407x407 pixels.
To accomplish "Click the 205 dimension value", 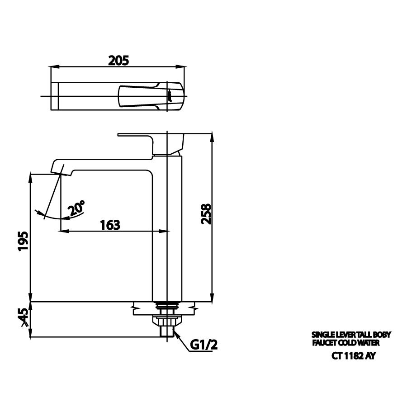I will pyautogui.click(x=118, y=60).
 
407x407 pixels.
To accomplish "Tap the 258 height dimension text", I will pyautogui.click(x=206, y=213).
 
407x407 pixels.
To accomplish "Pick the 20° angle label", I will pyautogui.click(x=76, y=209).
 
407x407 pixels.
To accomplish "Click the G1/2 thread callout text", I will pyautogui.click(x=203, y=345).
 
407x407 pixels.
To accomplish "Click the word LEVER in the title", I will pyautogui.click(x=339, y=335).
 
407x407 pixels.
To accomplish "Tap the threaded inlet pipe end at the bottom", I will pyautogui.click(x=166, y=332).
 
